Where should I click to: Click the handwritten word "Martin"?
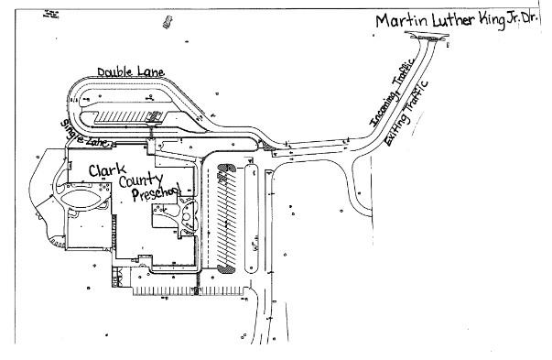click(402, 21)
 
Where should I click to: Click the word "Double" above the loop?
click(114, 71)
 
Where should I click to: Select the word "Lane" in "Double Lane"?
click(151, 71)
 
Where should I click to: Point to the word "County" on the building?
click(141, 181)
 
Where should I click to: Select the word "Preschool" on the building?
click(157, 193)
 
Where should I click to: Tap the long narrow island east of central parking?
click(251, 218)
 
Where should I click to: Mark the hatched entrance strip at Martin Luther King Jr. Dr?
click(427, 38)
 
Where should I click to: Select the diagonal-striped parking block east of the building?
click(226, 218)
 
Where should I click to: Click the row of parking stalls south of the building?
click(188, 291)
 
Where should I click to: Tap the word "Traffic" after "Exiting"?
click(418, 96)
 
